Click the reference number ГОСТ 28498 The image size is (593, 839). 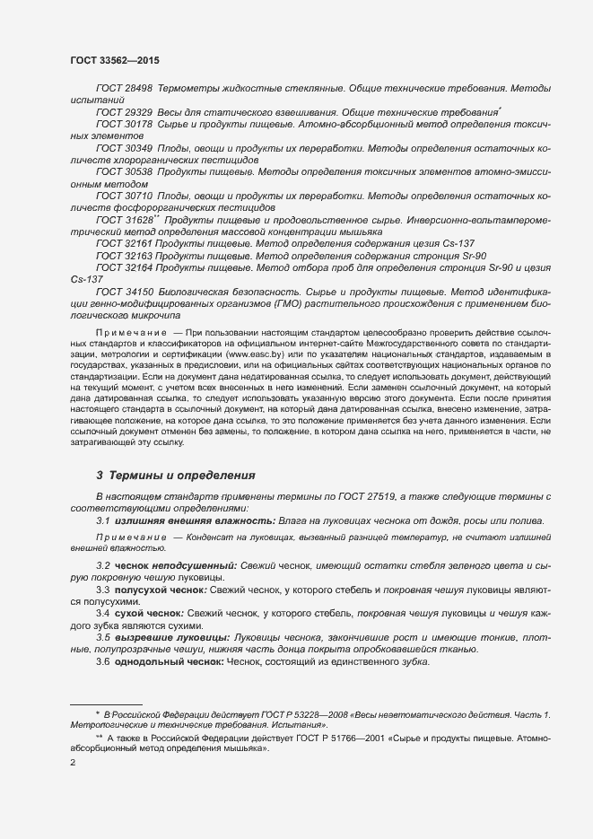click(x=124, y=90)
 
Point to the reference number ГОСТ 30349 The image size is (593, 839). click(x=124, y=146)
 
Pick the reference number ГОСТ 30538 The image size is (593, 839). click(x=124, y=170)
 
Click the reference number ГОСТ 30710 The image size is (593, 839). click(x=124, y=195)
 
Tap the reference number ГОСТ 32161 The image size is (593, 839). click(x=124, y=243)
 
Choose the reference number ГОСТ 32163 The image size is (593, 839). click(x=124, y=255)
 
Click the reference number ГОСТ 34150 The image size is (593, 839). click(x=124, y=292)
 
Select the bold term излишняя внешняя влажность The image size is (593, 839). click(x=175, y=520)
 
